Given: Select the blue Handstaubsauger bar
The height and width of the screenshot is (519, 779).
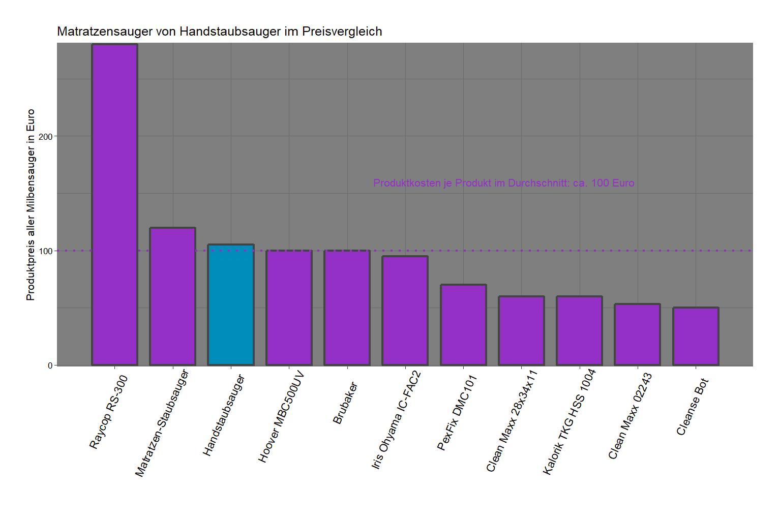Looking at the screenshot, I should tap(231, 305).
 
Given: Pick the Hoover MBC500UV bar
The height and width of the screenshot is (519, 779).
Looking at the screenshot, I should tap(289, 308).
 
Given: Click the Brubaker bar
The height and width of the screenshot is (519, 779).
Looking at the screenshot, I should tap(347, 308).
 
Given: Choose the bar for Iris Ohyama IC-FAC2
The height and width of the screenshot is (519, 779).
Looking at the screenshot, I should tap(405, 311).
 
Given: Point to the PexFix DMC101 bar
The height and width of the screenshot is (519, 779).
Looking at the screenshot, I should tap(463, 325).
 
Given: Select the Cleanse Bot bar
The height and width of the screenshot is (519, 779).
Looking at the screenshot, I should tap(696, 337).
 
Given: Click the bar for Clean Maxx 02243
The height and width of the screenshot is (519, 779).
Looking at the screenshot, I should tap(638, 334).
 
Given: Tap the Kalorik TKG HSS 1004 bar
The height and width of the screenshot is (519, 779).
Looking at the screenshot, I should tap(580, 331).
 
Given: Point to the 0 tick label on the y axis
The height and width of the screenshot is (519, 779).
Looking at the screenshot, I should tap(50, 365).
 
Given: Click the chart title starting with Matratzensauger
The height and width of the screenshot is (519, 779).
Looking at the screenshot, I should tap(220, 32).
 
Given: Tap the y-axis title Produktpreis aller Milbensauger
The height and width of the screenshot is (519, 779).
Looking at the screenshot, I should tap(31, 204).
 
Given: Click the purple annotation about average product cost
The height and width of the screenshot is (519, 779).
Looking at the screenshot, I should tap(503, 183).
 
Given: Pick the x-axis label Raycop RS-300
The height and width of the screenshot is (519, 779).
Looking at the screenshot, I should tap(108, 412).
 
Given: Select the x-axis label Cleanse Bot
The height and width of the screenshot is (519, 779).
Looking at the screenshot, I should tap(692, 407).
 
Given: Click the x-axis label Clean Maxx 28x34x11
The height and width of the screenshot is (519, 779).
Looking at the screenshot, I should tap(512, 421).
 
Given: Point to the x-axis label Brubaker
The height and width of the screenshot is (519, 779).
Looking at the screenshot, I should tap(345, 403).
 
